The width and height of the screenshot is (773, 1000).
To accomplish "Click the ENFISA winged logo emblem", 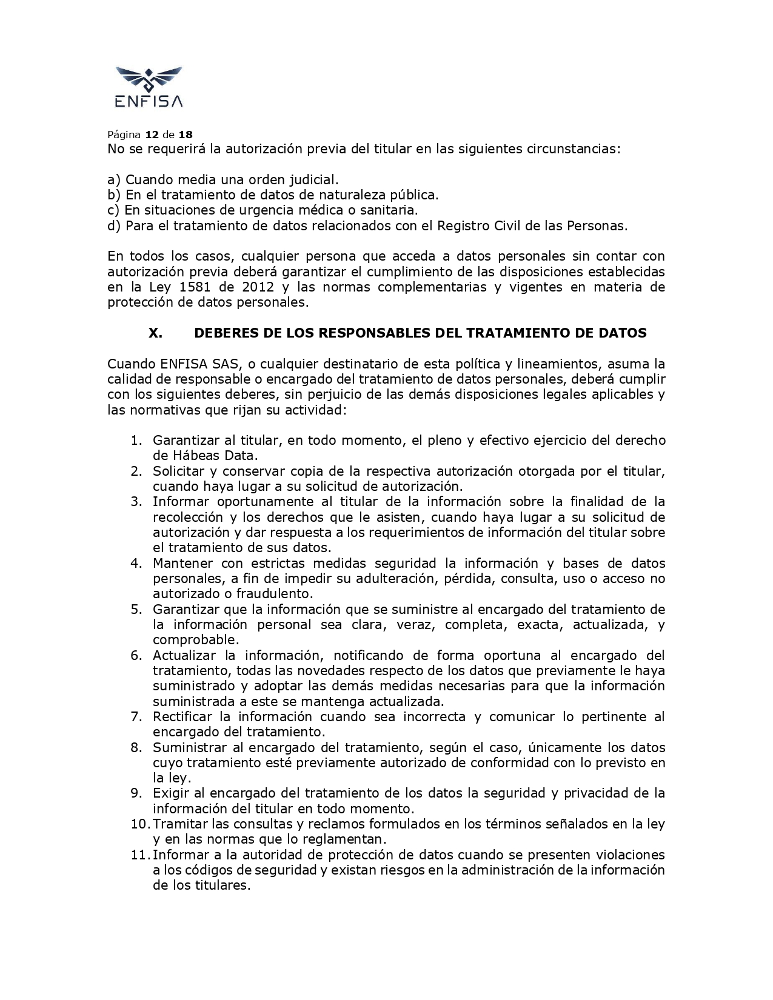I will (x=149, y=78).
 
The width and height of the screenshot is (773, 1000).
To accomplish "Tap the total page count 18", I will (x=186, y=134).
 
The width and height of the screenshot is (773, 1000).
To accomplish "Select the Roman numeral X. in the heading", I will (x=155, y=333).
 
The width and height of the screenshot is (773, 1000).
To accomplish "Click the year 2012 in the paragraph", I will (x=257, y=287).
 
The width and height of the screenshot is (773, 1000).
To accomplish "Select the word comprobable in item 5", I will (x=196, y=640).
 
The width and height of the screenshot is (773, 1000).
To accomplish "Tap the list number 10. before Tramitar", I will (x=139, y=824).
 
